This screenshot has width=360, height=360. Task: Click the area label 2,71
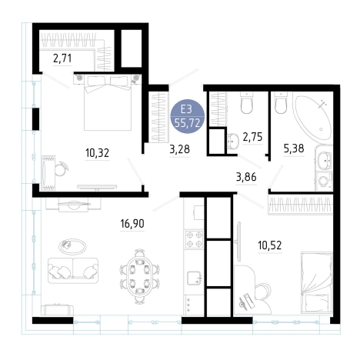point(62,58)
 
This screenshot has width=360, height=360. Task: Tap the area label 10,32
point(97,153)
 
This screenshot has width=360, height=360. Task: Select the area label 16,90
point(132,224)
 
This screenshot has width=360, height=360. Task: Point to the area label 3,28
point(180,149)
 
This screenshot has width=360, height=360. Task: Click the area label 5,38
point(294,148)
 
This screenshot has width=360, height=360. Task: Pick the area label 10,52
point(270,245)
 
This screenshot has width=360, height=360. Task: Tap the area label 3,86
point(246,177)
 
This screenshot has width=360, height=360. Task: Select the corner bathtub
point(312,115)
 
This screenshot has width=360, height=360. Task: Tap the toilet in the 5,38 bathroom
point(281,102)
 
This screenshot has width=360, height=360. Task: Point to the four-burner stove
point(195,239)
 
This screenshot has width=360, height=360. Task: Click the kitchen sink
point(195,278)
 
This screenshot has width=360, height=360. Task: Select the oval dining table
point(140,276)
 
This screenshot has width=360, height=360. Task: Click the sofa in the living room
point(73,271)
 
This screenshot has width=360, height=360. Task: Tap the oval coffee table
point(72,246)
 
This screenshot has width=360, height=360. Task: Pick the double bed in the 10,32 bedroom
point(108,102)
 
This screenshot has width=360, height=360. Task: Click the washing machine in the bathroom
point(324,182)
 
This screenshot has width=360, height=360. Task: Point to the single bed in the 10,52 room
point(316,282)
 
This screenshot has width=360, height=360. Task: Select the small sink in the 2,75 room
point(233,141)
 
